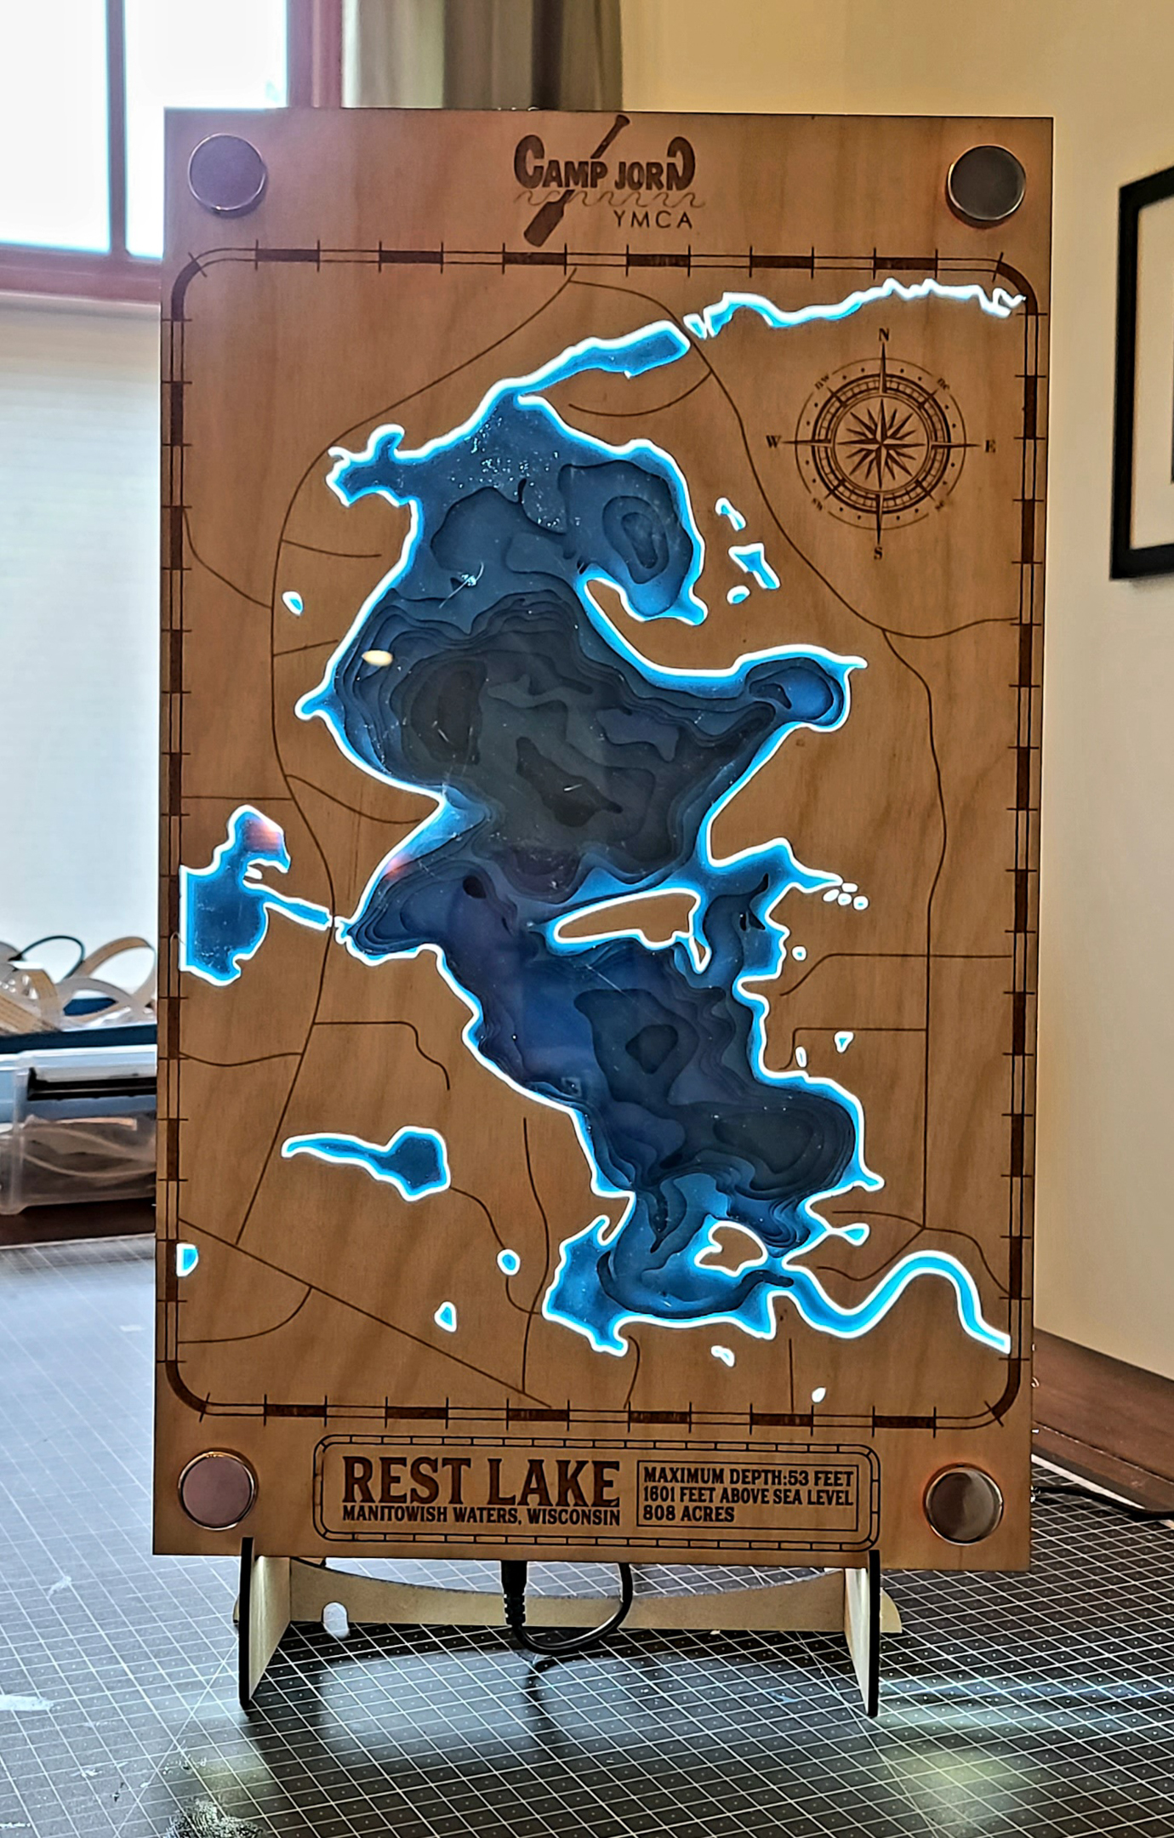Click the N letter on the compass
(884, 334)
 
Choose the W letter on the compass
(774, 442)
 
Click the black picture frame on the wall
(1140, 374)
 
